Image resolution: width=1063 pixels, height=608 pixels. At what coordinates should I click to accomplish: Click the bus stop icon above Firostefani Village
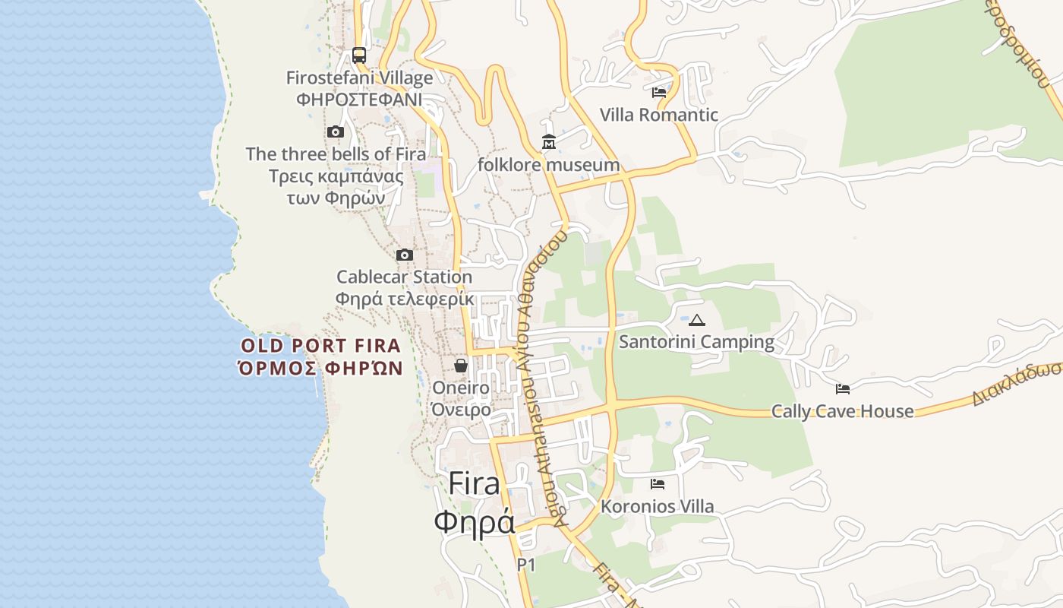pyautogui.click(x=359, y=55)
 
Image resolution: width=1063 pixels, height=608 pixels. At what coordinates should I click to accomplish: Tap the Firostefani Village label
pyautogui.click(x=359, y=78)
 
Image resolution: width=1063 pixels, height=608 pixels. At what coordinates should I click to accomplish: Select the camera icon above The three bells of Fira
pyautogui.click(x=336, y=132)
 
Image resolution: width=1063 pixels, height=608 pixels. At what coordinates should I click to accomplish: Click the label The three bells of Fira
pyautogui.click(x=336, y=154)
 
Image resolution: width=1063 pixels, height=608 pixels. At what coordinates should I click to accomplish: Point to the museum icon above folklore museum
pyautogui.click(x=548, y=142)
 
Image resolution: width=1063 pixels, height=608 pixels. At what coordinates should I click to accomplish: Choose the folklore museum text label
pyautogui.click(x=548, y=165)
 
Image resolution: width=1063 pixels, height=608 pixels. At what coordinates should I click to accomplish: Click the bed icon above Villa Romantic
pyautogui.click(x=659, y=93)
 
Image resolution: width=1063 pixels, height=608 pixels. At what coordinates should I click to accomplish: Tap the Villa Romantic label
pyautogui.click(x=659, y=115)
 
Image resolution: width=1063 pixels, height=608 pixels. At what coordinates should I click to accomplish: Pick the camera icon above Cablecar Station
pyautogui.click(x=405, y=255)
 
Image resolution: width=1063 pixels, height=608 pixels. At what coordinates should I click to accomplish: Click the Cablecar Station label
pyautogui.click(x=405, y=277)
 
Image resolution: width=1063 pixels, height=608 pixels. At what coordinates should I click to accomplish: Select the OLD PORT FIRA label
pyautogui.click(x=320, y=346)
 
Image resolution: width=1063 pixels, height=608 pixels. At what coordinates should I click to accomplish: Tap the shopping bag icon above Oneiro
pyautogui.click(x=461, y=366)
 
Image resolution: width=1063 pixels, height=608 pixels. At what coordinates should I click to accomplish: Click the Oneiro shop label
pyautogui.click(x=461, y=388)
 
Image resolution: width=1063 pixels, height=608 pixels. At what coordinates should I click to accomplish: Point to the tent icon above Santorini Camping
pyautogui.click(x=697, y=320)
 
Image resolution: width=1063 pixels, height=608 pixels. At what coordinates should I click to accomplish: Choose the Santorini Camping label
pyautogui.click(x=697, y=342)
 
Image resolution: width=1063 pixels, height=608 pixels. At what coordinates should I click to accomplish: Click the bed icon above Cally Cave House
pyautogui.click(x=843, y=389)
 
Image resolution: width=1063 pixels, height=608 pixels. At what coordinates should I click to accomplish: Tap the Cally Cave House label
pyautogui.click(x=843, y=411)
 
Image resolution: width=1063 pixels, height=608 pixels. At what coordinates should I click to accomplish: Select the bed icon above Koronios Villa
pyautogui.click(x=658, y=484)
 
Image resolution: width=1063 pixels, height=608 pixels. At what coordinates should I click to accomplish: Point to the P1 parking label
pyautogui.click(x=526, y=565)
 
